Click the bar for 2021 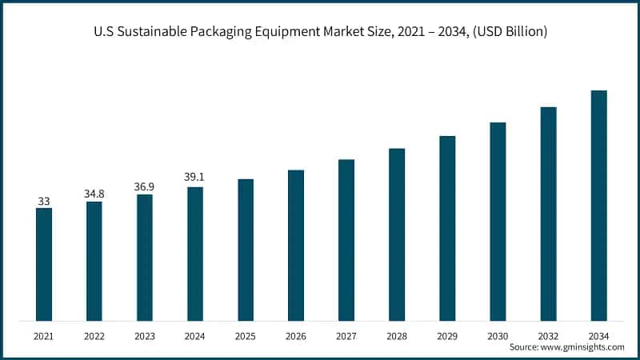click(x=44, y=264)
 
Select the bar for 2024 click(x=195, y=254)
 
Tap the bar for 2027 click(x=346, y=240)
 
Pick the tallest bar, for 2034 click(x=598, y=206)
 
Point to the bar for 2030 click(x=498, y=222)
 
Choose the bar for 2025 click(x=246, y=250)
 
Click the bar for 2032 click(x=548, y=214)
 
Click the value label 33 click(x=44, y=200)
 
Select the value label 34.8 click(x=94, y=194)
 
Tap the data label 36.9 click(x=145, y=186)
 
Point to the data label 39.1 click(x=195, y=178)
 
